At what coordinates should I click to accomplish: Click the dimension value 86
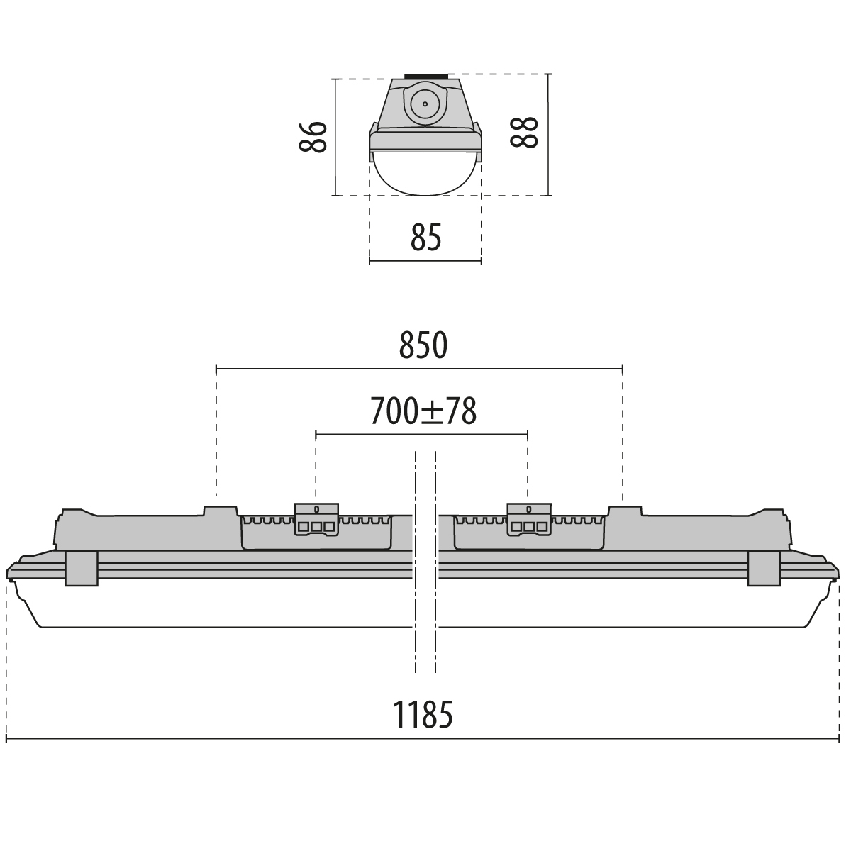[313, 137]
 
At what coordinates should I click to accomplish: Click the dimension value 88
[524, 133]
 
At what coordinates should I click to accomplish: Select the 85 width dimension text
[426, 237]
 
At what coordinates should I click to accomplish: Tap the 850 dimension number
[423, 345]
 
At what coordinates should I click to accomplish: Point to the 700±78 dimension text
[423, 411]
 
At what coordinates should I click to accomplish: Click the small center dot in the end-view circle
[425, 104]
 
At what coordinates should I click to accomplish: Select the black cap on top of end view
[425, 77]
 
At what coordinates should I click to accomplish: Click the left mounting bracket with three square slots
[316, 519]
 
